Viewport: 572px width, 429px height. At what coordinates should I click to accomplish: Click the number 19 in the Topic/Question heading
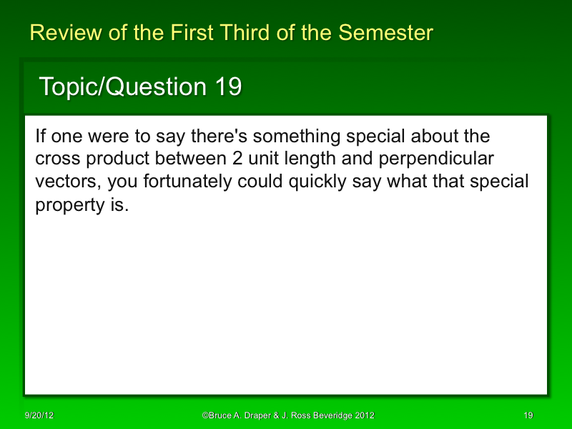point(227,87)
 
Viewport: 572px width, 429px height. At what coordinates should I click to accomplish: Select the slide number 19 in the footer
point(528,415)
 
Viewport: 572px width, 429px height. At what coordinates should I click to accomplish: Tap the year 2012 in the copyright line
point(365,415)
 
